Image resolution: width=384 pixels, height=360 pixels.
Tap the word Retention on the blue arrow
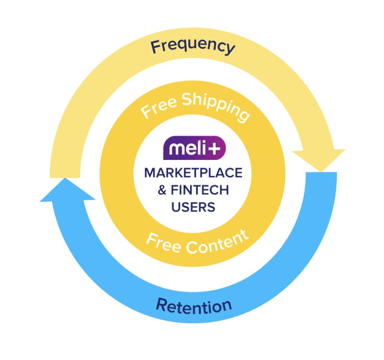coord(194,306)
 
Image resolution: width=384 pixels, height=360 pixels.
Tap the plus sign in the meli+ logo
coord(217,148)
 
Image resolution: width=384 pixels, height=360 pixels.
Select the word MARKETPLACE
coord(193,173)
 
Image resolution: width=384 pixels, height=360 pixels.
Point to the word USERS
coord(193,207)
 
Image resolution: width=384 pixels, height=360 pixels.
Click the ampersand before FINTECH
coord(162,190)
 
